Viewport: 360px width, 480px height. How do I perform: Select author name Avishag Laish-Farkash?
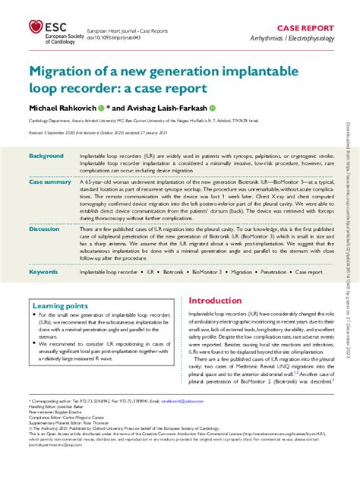click(163, 108)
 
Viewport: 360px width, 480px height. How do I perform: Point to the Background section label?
click(46, 156)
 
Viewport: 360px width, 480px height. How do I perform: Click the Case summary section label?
click(49, 182)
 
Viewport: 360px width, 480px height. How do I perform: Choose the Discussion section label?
click(45, 228)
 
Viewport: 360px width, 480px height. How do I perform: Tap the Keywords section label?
click(43, 271)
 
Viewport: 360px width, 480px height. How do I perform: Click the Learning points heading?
click(60, 306)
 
